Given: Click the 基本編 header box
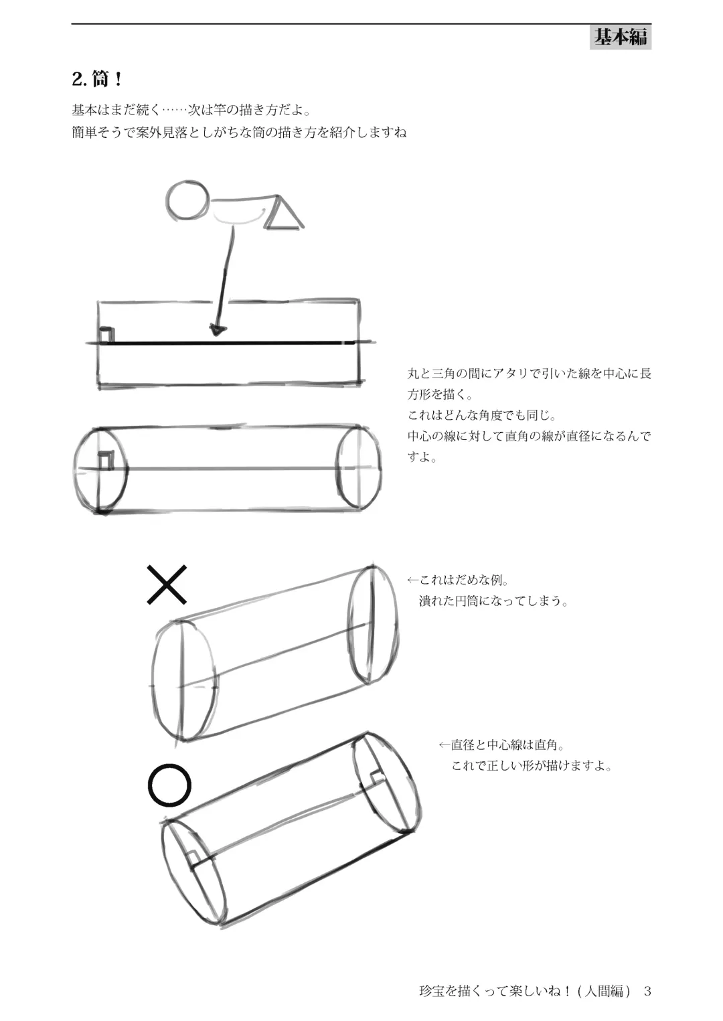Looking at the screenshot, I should click(621, 37).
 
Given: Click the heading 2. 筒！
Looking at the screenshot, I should click(98, 80).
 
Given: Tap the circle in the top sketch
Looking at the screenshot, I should click(188, 200).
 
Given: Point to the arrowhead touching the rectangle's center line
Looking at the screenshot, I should click(217, 329).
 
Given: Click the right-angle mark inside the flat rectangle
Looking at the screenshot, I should click(106, 335).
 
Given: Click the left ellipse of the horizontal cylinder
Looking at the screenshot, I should click(100, 470).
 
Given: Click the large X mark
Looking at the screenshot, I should click(167, 584).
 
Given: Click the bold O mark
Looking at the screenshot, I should click(169, 785).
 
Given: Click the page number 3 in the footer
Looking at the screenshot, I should click(647, 991).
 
